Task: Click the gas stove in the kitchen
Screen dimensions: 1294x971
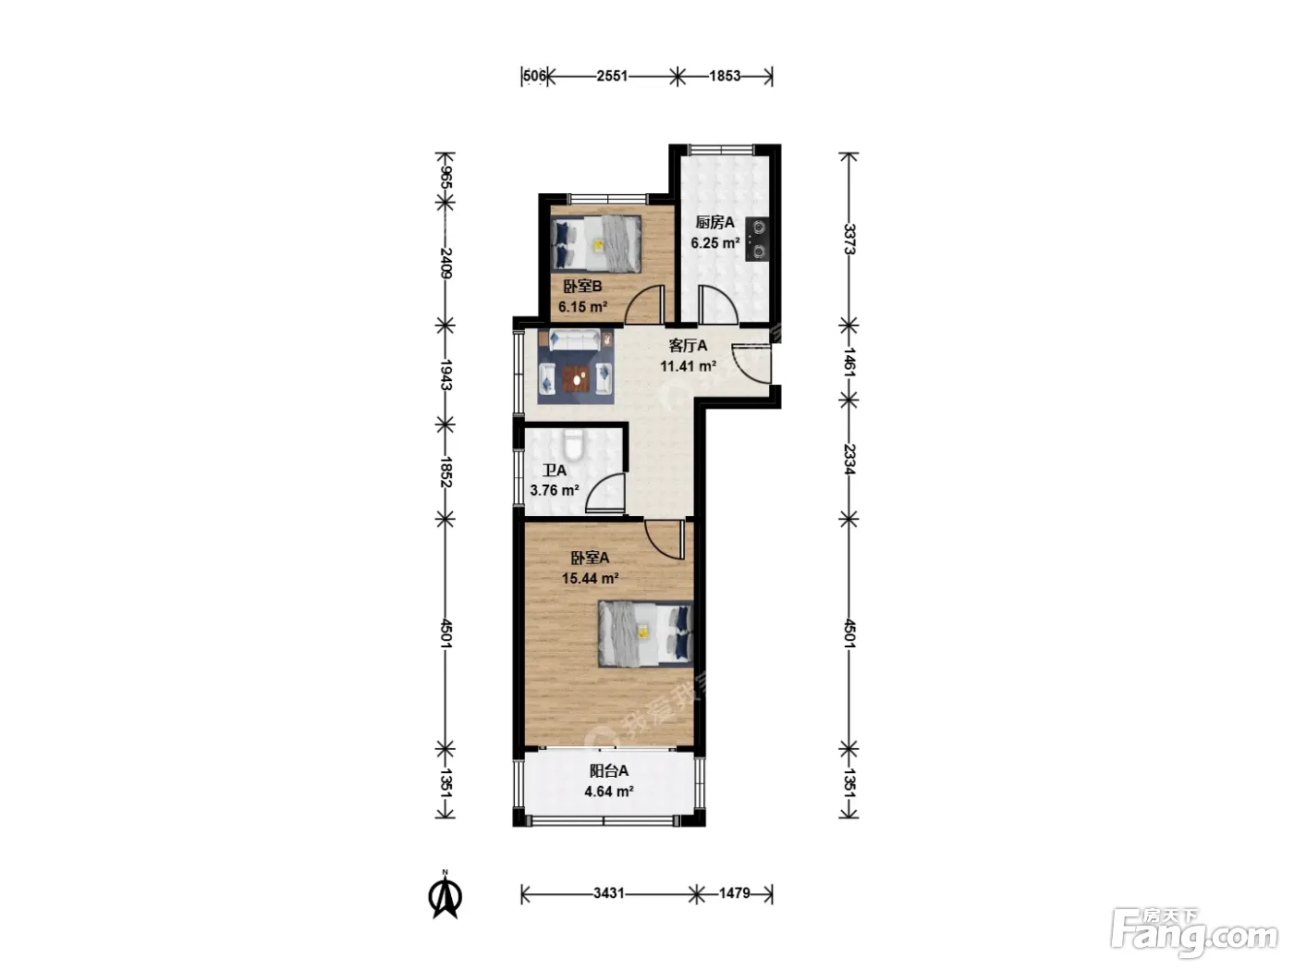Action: pos(757,239)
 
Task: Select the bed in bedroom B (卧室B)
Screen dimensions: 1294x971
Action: pos(596,244)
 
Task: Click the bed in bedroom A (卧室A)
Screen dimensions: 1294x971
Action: pos(645,633)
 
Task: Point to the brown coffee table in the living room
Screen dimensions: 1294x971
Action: pos(576,378)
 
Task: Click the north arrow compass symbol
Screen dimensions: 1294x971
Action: pos(446,895)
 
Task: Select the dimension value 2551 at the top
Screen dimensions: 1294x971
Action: pos(612,76)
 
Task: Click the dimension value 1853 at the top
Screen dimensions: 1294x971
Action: pos(725,76)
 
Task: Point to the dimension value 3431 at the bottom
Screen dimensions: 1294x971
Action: pos(608,893)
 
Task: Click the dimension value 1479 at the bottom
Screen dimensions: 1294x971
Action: pos(735,893)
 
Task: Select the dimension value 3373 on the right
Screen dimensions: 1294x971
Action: pos(848,239)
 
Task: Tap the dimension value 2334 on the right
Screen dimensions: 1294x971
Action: pos(848,460)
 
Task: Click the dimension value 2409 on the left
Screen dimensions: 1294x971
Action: pos(446,264)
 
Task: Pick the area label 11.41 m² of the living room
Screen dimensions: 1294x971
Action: pos(688,366)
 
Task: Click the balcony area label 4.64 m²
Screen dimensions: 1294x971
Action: pos(609,792)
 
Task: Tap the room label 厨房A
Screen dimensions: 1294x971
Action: pos(715,222)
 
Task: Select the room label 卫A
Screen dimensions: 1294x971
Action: pos(555,471)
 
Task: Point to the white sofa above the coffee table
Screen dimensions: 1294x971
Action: pos(574,340)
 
